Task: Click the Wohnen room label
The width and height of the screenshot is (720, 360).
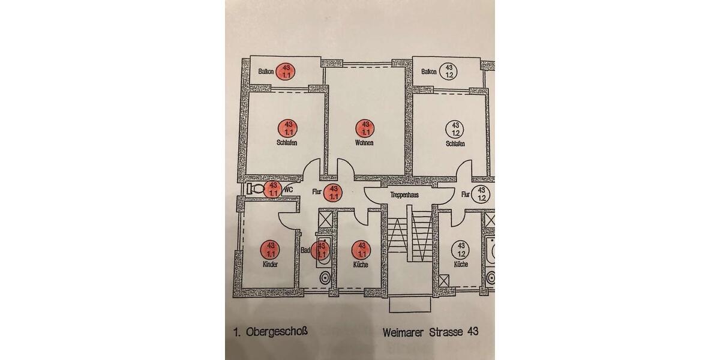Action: point(364,143)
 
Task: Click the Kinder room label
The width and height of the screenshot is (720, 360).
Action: point(270,264)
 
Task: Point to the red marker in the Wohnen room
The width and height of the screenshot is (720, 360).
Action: point(365,128)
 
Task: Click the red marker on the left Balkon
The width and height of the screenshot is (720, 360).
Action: point(286,71)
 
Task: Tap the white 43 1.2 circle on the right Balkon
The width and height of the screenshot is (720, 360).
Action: point(447,71)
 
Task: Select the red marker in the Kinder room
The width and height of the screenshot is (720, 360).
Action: point(270,248)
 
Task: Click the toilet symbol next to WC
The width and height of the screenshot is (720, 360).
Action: point(256,189)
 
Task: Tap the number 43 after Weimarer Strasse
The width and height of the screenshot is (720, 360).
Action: point(472,331)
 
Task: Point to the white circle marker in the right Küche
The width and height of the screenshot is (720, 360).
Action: point(461,248)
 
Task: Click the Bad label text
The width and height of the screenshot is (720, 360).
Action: point(305,252)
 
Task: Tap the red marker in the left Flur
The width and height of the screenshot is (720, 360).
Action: point(333,193)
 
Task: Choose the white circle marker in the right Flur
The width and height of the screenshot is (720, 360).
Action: point(482,194)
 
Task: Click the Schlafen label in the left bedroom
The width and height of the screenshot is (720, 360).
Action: point(287,143)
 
